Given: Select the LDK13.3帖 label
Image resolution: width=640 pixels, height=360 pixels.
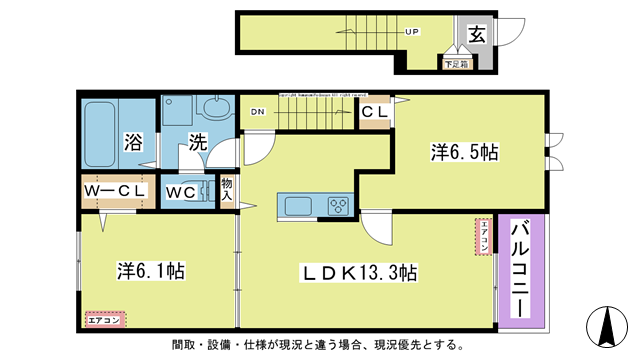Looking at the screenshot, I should tap(361, 273).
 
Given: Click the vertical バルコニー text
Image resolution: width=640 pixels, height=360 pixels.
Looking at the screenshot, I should tap(520, 270).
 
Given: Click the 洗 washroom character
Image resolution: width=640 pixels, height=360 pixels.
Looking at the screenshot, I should tap(198, 142).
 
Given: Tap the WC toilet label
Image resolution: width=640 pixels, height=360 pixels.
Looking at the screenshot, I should tap(187, 191).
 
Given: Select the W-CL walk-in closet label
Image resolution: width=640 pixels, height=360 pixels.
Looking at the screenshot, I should tap(116, 190).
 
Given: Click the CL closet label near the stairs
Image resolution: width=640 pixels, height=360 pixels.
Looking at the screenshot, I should tap(376, 113).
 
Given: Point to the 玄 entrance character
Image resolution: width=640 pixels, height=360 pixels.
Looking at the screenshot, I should tap(477, 35).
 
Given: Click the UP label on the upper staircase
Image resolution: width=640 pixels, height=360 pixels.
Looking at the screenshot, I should tap(411, 32).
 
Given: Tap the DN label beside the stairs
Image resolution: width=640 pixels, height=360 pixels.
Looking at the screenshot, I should tap(257, 111).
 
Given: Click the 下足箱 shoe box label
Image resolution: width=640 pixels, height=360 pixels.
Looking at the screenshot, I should tap(456, 65).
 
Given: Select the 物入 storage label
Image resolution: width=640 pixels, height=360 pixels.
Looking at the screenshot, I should tap(226, 190).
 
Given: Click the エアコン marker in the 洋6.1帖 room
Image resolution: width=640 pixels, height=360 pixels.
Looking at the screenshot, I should tap(103, 320).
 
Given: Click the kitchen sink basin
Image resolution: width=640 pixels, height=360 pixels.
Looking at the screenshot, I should tap(299, 207).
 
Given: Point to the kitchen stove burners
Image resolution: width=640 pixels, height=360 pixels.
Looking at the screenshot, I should tap(337, 207).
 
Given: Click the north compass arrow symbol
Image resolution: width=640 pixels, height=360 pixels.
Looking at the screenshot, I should tap(605, 325).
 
